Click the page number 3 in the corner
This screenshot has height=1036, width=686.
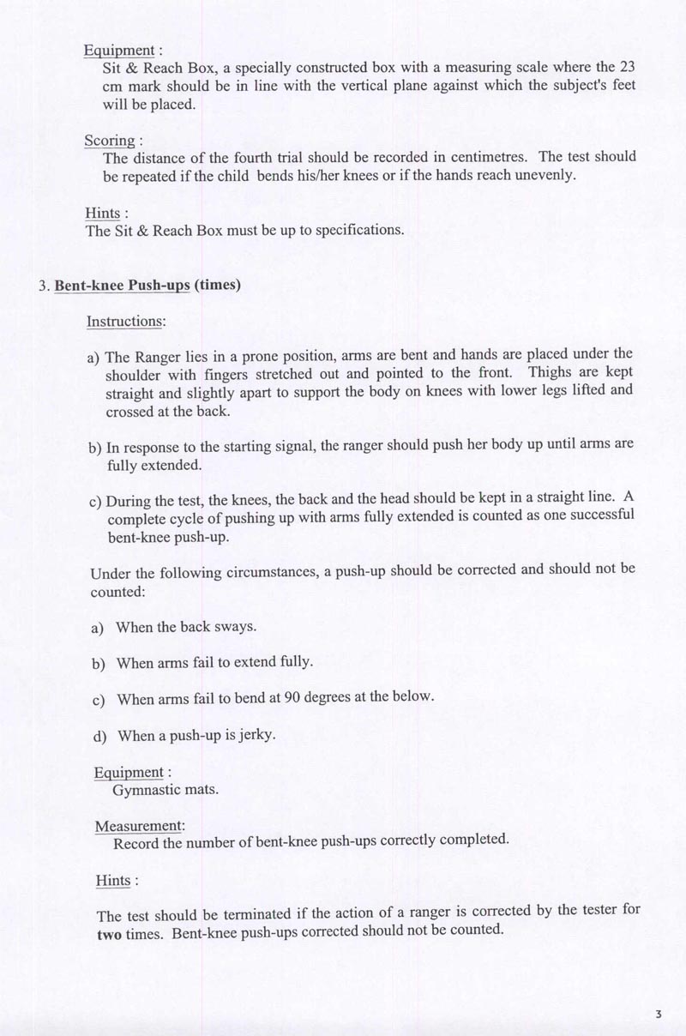coord(658,1015)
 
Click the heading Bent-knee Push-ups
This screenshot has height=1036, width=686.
coord(122,286)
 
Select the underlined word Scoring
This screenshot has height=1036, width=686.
coord(110,141)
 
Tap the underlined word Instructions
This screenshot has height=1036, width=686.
coord(125,322)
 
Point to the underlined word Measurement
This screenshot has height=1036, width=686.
coord(138,826)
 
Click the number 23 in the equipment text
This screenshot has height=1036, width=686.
coord(626,67)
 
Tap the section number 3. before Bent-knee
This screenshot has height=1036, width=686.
coord(45,286)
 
